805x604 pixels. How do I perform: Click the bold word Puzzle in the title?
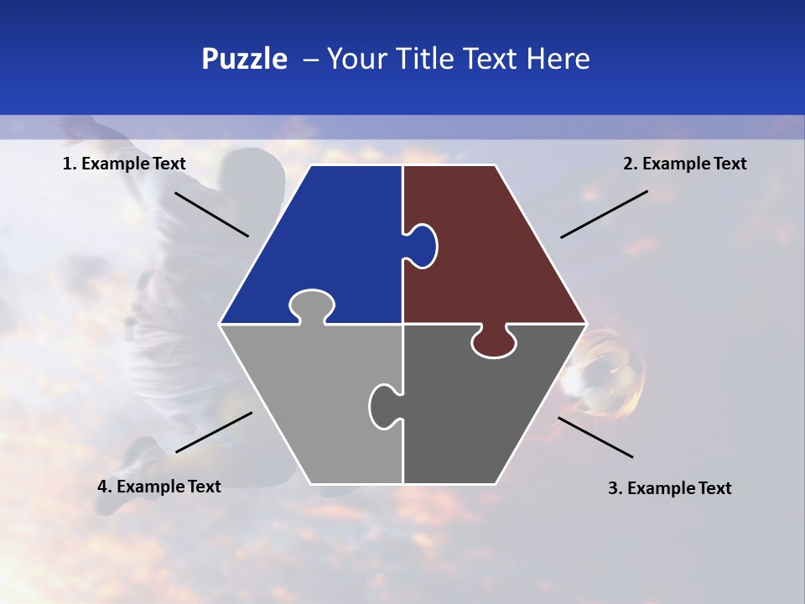pyautogui.click(x=244, y=59)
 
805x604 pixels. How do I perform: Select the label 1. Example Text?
pyautogui.click(x=124, y=164)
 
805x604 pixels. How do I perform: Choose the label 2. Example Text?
pyautogui.click(x=684, y=164)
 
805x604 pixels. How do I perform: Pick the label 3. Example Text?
pyautogui.click(x=669, y=488)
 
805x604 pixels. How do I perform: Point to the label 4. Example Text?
pyautogui.click(x=159, y=487)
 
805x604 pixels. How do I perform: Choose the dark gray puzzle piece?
pyautogui.click(x=486, y=411)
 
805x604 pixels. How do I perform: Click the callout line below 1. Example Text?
pyautogui.click(x=211, y=214)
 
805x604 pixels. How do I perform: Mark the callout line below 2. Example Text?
pyautogui.click(x=604, y=214)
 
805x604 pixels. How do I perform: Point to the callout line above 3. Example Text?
pyautogui.click(x=595, y=437)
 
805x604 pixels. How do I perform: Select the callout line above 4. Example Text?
pyautogui.click(x=214, y=432)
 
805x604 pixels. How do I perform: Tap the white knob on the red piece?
pyautogui.click(x=423, y=246)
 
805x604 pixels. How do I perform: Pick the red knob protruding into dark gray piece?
pyautogui.click(x=494, y=342)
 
